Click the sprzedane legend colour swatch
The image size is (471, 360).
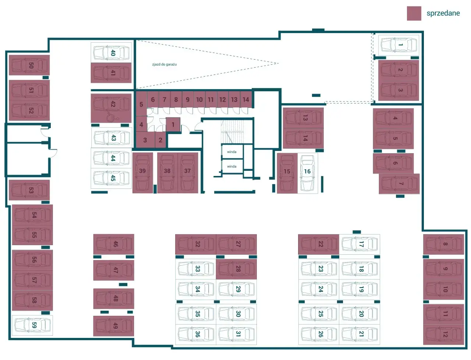(414, 13)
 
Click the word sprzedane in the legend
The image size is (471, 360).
(443, 13)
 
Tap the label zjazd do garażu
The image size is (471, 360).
(164, 64)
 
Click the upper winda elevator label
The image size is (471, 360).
(232, 152)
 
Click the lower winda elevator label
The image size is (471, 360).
(232, 166)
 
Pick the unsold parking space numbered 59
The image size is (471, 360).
(32, 325)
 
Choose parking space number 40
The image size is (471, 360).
(111, 53)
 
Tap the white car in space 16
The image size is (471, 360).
(308, 173)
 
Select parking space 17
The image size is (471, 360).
(360, 244)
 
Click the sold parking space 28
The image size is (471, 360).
(236, 269)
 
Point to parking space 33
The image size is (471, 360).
(196, 269)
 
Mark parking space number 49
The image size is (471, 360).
(113, 326)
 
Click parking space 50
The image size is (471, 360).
(29, 65)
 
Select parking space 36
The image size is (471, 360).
(196, 335)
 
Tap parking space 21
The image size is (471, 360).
(360, 335)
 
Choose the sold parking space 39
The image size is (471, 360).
(143, 173)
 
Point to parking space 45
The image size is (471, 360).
(111, 179)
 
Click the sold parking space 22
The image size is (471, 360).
(319, 244)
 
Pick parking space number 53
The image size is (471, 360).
(29, 190)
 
